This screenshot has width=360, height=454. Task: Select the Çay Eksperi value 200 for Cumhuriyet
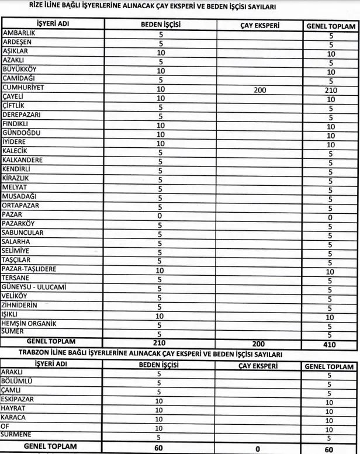[259, 90]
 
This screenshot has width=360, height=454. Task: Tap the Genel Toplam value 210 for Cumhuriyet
[330, 91]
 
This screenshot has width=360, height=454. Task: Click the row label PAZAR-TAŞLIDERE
[29, 269]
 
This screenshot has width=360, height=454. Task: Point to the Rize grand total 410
[330, 345]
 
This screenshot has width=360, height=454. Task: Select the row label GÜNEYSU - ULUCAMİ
[34, 287]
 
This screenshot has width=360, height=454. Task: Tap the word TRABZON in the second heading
[39, 354]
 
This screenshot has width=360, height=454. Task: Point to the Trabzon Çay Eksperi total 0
[257, 448]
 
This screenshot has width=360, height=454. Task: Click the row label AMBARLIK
[19, 34]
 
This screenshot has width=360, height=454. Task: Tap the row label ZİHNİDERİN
[20, 305]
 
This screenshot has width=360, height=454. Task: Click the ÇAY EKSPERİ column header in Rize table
[259, 26]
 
